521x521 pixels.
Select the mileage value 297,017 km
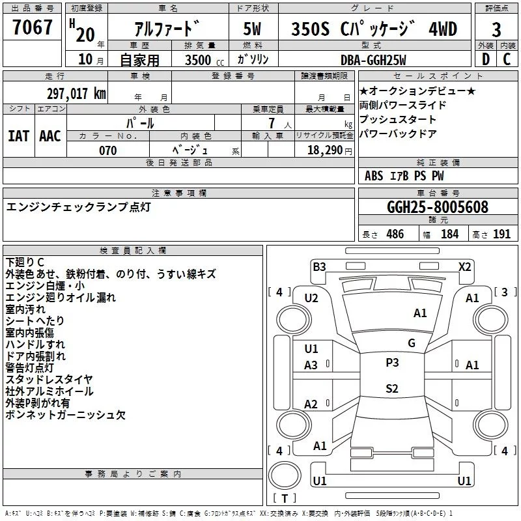[x=76, y=93]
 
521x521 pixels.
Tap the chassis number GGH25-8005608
[x=437, y=207]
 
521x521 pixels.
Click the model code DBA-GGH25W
[x=373, y=60]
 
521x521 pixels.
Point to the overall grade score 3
[x=496, y=29]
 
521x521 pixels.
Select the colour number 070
[x=108, y=150]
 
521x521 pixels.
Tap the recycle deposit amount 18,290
[x=324, y=150]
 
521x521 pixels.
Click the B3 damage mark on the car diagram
[x=319, y=266]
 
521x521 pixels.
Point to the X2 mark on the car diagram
[x=464, y=266]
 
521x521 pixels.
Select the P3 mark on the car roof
[x=392, y=363]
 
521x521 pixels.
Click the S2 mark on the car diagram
[x=391, y=389]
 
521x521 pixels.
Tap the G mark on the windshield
[x=411, y=343]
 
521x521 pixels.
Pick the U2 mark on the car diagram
[x=311, y=298]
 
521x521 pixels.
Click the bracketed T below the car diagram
[x=285, y=498]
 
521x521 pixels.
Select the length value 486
[x=395, y=234]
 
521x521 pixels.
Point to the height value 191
[x=501, y=234]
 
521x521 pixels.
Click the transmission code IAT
[x=18, y=136]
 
